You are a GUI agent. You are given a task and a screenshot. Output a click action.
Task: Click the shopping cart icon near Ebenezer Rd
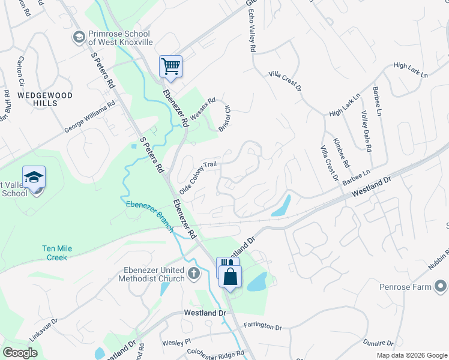coord(170,67)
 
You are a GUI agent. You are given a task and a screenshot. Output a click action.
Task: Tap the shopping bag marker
coord(230,277)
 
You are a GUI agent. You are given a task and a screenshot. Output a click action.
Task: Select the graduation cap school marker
coord(34,178)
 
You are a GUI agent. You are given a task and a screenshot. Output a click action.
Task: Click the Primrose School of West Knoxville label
coord(120,38)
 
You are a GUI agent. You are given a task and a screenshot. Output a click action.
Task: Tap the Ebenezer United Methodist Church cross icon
coord(193,274)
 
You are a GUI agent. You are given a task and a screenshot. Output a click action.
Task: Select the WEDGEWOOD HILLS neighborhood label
coord(37,99)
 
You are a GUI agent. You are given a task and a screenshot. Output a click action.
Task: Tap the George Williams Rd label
coord(89,118)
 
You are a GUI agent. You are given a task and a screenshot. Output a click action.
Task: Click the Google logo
coord(20,353)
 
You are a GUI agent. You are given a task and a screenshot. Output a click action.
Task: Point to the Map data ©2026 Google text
coord(411,355)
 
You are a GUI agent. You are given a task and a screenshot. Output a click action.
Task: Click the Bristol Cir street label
coord(224,120)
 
